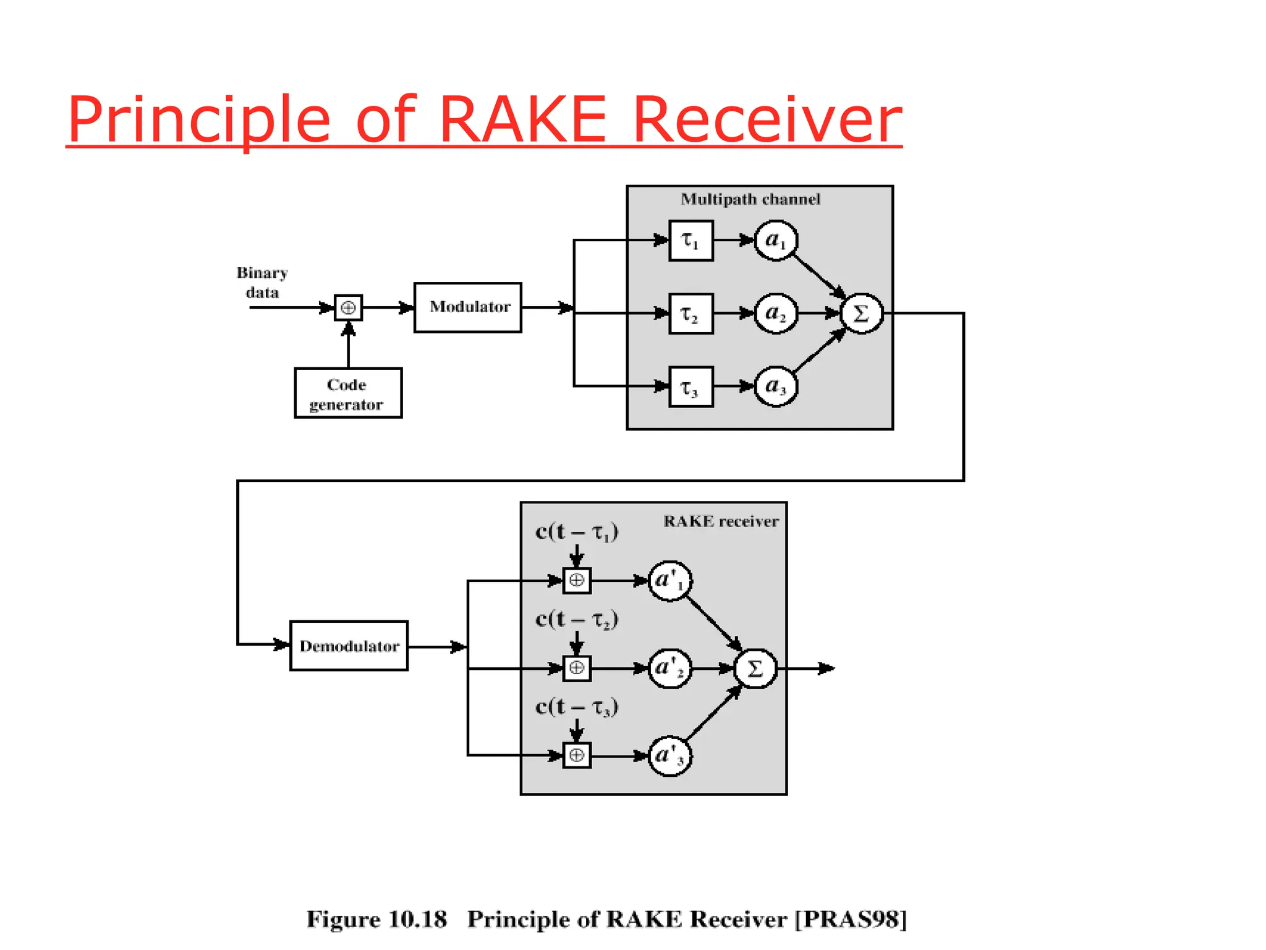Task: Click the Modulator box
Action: tap(467, 307)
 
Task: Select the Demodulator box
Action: tap(349, 646)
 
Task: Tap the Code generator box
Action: tap(348, 393)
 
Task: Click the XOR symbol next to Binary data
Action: tap(348, 307)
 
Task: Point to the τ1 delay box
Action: tap(690, 241)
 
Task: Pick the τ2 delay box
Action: tap(690, 314)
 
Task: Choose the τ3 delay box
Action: tap(690, 387)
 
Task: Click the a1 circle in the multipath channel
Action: tap(776, 241)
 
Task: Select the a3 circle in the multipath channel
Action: tap(776, 387)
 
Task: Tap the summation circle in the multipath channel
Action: tap(861, 314)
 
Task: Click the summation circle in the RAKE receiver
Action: tap(755, 669)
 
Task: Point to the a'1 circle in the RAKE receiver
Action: tap(669, 581)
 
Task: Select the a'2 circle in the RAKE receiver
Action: tap(669, 669)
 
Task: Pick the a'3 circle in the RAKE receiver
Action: tap(669, 756)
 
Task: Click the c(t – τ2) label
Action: tap(577, 619)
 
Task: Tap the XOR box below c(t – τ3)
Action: tap(577, 755)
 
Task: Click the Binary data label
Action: tap(262, 283)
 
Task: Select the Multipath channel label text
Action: tap(750, 199)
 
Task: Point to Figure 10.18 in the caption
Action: tap(376, 920)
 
